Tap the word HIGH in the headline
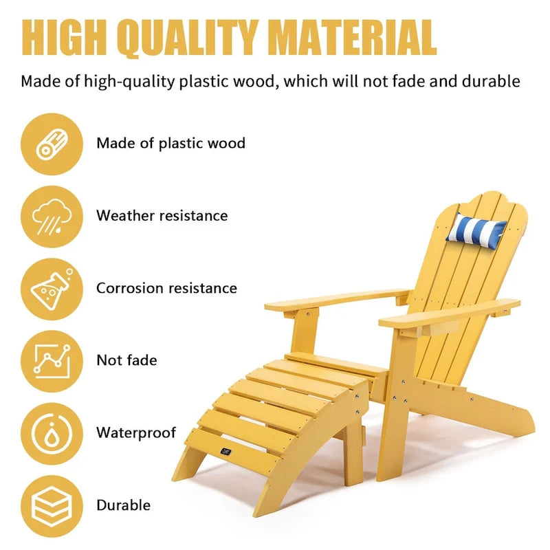coord(60,36)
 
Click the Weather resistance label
coord(162,216)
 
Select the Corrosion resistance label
coord(166,288)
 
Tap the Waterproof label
coord(136,433)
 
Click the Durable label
coord(123,505)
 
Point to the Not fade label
coord(126,360)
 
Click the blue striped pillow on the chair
coord(476,229)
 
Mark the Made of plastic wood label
coord(170,144)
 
